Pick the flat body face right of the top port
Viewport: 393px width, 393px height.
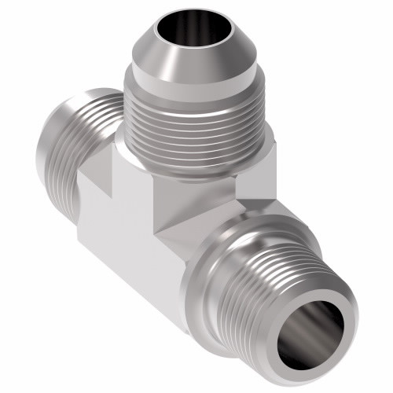pyautogui.click(x=255, y=177)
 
